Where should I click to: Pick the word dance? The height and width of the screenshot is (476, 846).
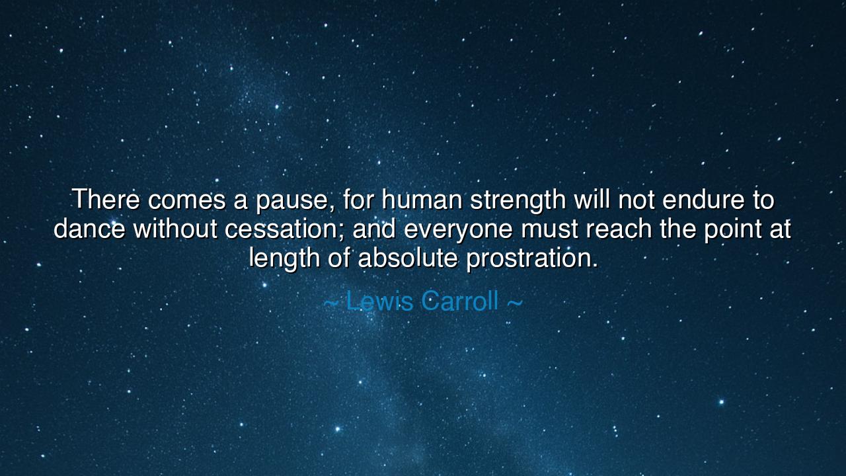click(x=89, y=229)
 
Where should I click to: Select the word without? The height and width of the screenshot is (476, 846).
click(x=175, y=229)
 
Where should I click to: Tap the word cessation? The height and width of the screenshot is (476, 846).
click(x=284, y=229)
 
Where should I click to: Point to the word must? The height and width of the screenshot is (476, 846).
click(x=549, y=229)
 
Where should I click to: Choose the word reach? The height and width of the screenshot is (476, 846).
click(x=619, y=229)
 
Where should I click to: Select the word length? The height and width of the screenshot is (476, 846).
click(x=284, y=258)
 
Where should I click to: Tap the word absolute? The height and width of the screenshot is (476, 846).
click(x=408, y=258)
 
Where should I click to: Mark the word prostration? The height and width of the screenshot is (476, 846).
click(x=531, y=258)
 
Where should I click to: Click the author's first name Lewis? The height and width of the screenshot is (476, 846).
click(x=380, y=301)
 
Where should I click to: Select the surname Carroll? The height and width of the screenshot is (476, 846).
click(x=459, y=301)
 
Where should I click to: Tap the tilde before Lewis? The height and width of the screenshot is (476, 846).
click(x=331, y=303)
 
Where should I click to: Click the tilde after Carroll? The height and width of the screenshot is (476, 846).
click(x=514, y=303)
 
